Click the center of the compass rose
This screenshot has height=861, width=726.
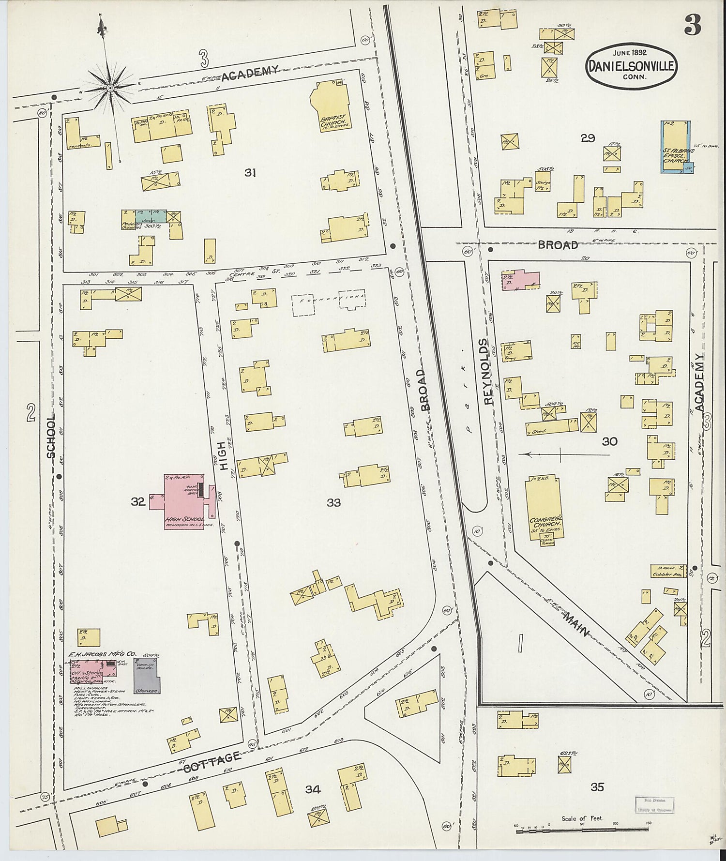pos(110,88)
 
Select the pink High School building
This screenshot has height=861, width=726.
pos(184,501)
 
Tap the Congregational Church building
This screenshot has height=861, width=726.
pos(544,506)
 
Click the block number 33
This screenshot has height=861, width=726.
pos(333,503)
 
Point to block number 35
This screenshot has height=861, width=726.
pos(597,786)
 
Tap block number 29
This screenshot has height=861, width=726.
pos(588,138)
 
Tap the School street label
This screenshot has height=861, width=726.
pos(51,436)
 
